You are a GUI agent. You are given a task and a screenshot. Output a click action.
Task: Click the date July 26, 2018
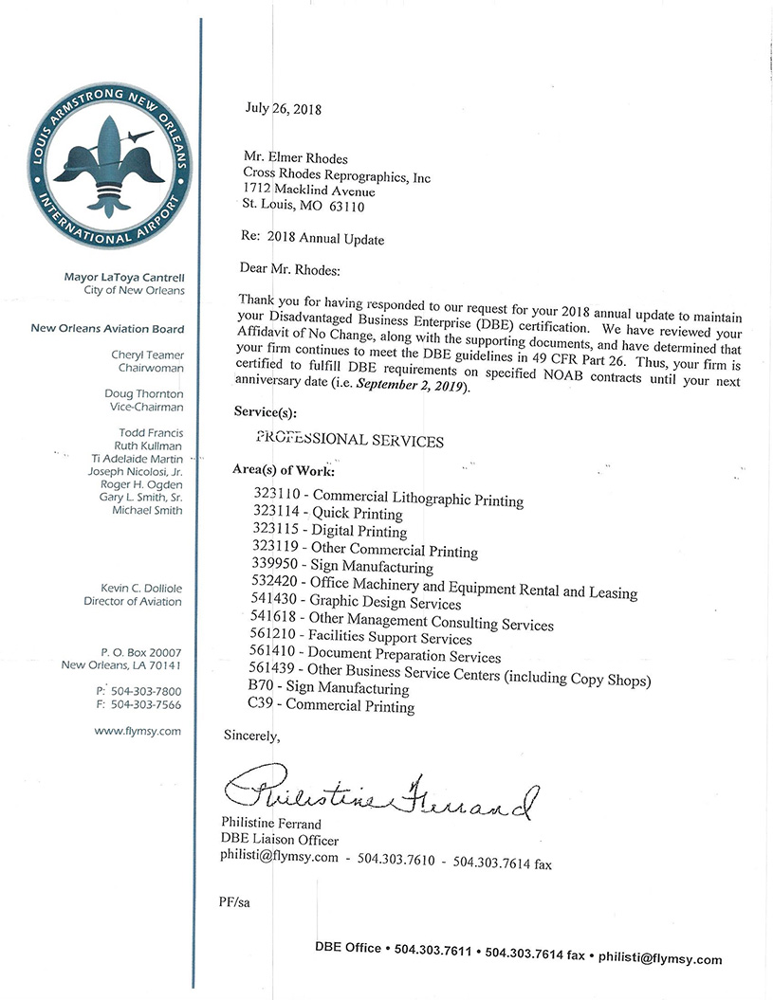pos(284,108)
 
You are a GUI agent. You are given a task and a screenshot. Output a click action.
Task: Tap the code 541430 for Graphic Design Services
pos(276,603)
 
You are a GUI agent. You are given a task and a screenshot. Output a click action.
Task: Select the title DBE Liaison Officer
pos(279,840)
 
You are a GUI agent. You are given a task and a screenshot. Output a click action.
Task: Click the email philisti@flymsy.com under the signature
pos(279,858)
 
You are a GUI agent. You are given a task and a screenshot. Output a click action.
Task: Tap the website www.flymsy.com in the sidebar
pos(138,731)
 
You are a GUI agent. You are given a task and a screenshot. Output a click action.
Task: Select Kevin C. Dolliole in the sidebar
pos(133,588)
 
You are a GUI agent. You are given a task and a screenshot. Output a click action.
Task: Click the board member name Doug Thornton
pos(144,393)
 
